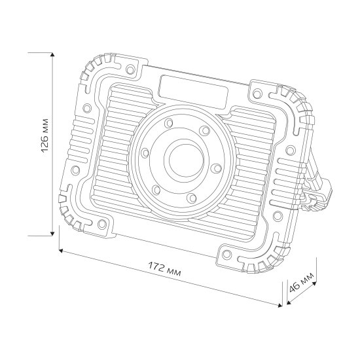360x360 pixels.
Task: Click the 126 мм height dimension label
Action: pyautogui.click(x=45, y=143)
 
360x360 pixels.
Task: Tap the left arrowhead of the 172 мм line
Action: pyautogui.click(x=61, y=250)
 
